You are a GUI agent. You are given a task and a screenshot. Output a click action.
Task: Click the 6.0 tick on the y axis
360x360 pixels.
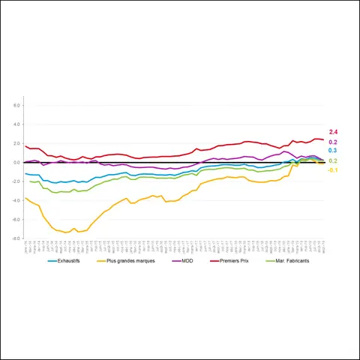(16, 106)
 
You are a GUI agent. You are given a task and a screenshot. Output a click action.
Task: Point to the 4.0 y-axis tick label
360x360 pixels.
(16, 124)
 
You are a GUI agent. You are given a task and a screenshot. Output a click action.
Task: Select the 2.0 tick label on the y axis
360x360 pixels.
(16, 143)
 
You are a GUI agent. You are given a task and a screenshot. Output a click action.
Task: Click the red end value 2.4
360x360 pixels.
(333, 132)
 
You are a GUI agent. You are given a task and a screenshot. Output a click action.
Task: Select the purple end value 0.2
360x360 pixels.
(333, 142)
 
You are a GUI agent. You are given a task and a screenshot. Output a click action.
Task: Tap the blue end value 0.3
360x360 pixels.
(333, 151)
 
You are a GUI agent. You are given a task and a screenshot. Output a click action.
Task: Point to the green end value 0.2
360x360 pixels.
(333, 161)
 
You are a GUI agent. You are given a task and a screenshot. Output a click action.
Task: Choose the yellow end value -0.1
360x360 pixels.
(333, 170)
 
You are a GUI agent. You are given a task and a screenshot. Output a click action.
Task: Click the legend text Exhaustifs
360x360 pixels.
(73, 261)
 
